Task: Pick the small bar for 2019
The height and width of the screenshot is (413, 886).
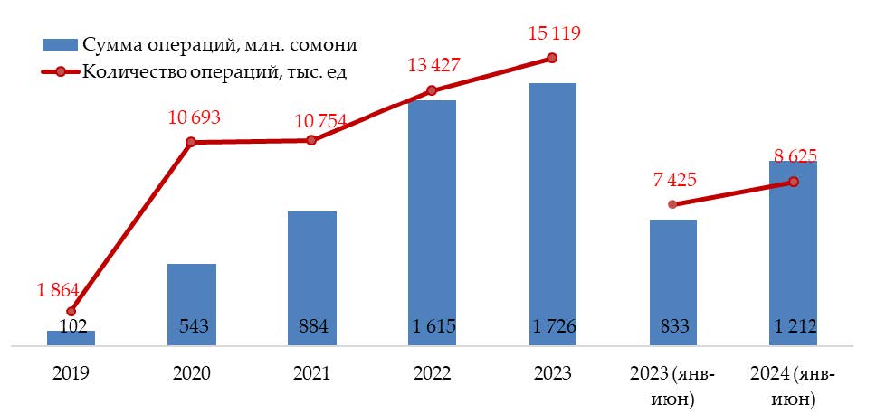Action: (x=71, y=338)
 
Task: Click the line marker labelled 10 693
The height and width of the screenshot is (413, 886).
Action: (x=191, y=142)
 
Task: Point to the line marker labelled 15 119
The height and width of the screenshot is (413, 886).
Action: (x=552, y=59)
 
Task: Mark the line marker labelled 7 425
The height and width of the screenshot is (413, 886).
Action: (x=672, y=204)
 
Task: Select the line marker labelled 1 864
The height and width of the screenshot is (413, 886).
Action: (x=71, y=311)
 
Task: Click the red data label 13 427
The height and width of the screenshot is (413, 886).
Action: (x=432, y=64)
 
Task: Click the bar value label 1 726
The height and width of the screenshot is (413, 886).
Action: (x=552, y=327)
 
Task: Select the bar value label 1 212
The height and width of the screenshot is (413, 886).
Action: (x=794, y=327)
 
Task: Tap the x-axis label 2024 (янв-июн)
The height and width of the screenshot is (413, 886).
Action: (x=794, y=384)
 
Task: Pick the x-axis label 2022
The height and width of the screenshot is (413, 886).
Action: (x=432, y=373)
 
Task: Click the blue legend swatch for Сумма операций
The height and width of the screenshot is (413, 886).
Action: (x=60, y=44)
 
